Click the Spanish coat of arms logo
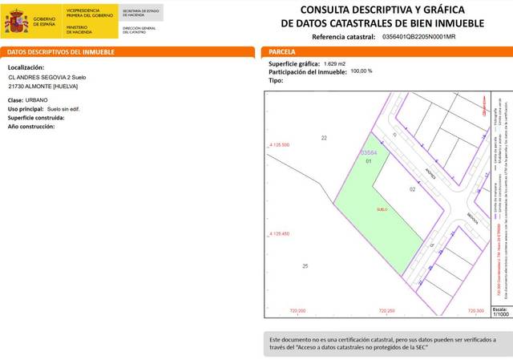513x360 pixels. click(16, 22)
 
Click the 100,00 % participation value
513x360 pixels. click(362, 71)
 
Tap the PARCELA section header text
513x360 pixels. click(282, 52)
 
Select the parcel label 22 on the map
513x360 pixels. click(324, 139)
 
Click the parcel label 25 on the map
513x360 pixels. click(305, 265)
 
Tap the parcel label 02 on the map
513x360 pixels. click(412, 189)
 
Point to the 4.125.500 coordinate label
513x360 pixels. click(277, 145)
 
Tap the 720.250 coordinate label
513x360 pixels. click(386, 310)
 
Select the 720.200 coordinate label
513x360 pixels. click(298, 310)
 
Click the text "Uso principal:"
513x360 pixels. click(26, 108)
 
